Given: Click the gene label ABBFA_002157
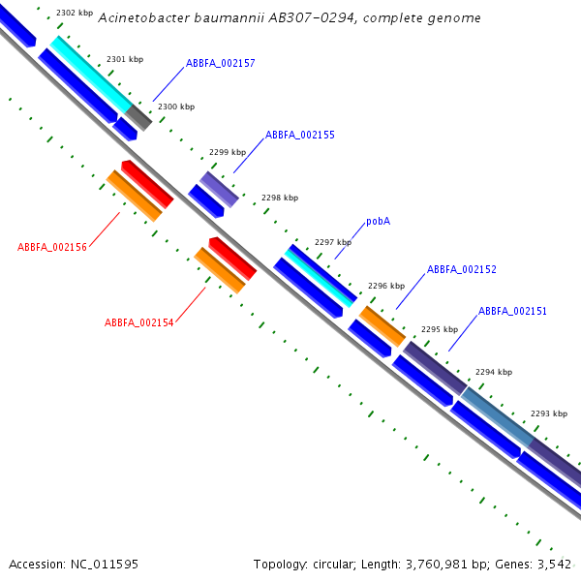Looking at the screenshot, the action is click(221, 63).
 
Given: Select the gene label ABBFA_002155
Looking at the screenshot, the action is click(300, 135).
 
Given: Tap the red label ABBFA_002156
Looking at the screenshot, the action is click(52, 247).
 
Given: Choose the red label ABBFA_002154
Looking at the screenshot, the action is click(138, 322).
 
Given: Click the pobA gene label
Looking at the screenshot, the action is click(379, 221).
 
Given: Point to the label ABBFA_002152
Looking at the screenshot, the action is click(462, 269).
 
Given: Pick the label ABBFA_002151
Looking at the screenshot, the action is click(513, 311).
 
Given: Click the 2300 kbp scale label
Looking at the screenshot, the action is click(176, 107).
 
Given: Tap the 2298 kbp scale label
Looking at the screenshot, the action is click(280, 198).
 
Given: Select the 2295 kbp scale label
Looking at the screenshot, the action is click(440, 329).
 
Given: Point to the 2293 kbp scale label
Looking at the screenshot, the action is click(549, 413).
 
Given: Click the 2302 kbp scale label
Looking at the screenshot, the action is click(75, 13).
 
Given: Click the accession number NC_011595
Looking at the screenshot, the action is click(105, 565).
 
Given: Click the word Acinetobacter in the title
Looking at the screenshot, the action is click(143, 18).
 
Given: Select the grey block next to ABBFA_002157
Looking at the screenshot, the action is click(138, 117).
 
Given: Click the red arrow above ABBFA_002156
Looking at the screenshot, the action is click(147, 184).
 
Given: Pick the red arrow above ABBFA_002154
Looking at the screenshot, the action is click(232, 259).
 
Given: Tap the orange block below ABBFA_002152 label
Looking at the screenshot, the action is click(382, 326).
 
